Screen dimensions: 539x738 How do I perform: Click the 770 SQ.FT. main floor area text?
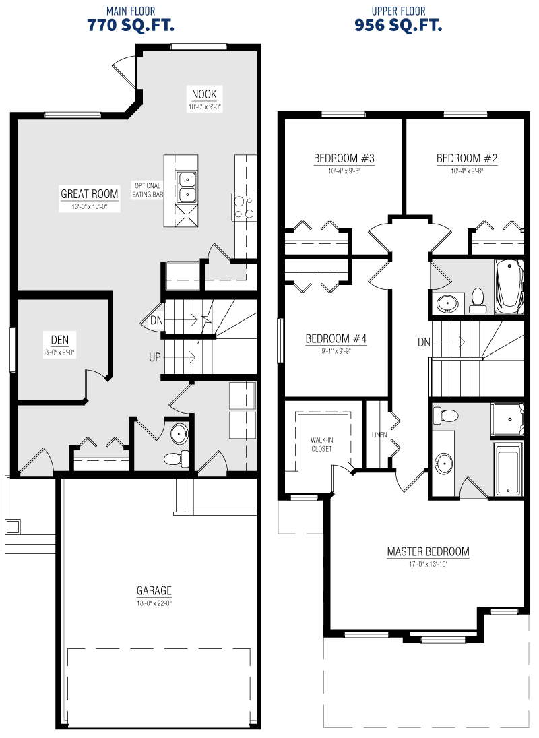pos(131,25)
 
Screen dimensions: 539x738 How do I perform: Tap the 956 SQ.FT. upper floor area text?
pos(398,25)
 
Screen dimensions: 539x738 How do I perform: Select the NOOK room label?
pos(204,94)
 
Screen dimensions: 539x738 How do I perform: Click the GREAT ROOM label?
pos(90,193)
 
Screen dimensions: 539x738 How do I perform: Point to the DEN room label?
pos(60,340)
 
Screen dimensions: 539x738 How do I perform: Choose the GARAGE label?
pos(154,590)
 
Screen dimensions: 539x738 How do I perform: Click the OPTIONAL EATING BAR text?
pos(148,189)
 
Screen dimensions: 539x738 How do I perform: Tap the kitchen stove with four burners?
pos(245,207)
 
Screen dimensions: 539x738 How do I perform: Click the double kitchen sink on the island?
pos(187,187)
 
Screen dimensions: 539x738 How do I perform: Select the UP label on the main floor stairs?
pos(155,357)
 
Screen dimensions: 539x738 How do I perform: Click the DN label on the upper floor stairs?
pos(424,342)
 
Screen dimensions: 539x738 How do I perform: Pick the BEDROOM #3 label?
pos(344,158)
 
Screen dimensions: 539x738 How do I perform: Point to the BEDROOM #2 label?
pos(467,158)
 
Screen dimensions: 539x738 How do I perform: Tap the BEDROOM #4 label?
pos(336,338)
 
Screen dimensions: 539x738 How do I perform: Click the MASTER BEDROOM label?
pos(428,551)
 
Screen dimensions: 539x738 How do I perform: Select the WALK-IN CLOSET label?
pos(321,444)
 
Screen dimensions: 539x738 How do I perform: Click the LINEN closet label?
pos(379,435)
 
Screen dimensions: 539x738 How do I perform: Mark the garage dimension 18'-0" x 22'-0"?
pos(154,603)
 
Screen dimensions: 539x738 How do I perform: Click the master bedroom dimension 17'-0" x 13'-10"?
pos(428,564)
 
